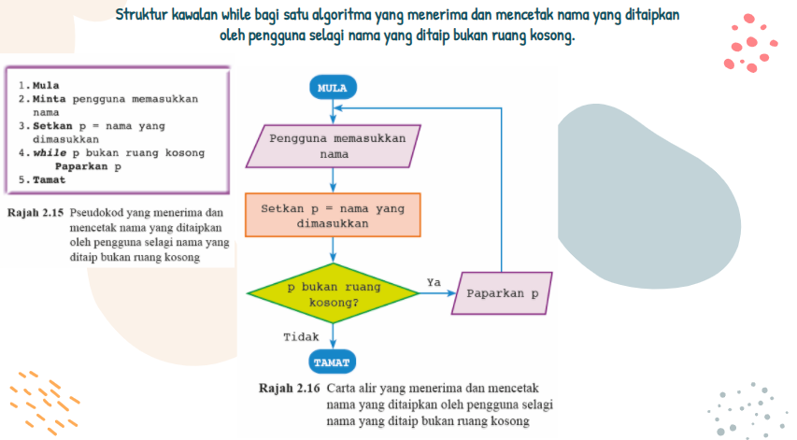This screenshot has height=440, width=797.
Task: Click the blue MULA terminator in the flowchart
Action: click(x=333, y=89)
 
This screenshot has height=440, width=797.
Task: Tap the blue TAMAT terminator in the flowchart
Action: click(x=333, y=362)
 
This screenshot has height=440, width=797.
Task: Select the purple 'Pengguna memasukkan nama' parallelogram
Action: click(x=334, y=146)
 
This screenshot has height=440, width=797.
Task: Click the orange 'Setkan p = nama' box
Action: click(x=334, y=216)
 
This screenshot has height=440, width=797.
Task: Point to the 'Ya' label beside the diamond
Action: click(x=434, y=282)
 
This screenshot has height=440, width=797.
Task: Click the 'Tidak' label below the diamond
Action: click(x=301, y=337)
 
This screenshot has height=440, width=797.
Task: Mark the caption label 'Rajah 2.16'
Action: click(x=290, y=387)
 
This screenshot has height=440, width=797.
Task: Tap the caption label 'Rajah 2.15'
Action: click(x=35, y=213)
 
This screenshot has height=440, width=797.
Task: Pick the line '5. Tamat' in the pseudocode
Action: click(x=42, y=179)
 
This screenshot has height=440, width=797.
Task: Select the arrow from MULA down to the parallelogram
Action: click(x=333, y=111)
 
